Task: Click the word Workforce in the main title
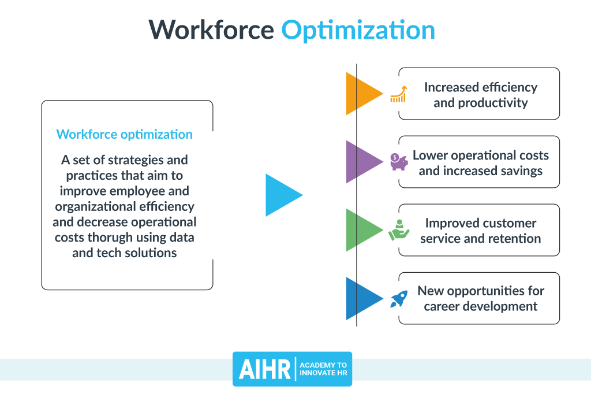click(211, 30)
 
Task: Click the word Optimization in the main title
click(358, 30)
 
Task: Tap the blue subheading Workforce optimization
click(125, 135)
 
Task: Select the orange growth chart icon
click(398, 94)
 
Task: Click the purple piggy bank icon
click(398, 162)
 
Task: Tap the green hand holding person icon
click(398, 230)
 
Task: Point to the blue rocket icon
click(398, 298)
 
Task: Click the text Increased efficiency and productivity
click(481, 95)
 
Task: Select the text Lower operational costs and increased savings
click(481, 163)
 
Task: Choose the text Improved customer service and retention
click(481, 231)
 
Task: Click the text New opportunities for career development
click(481, 299)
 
